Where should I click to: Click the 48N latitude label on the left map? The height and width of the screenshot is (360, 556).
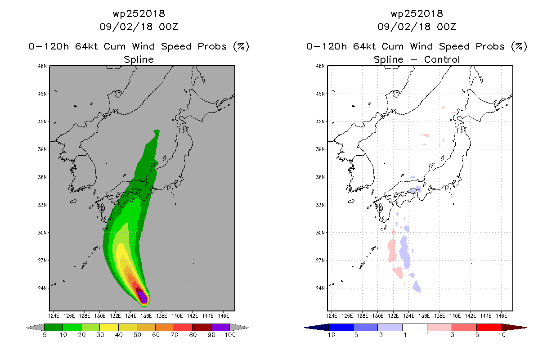tap(42, 66)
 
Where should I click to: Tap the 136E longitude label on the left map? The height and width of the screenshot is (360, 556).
tap(146, 316)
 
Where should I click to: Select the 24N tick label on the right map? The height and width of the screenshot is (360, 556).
tap(320, 288)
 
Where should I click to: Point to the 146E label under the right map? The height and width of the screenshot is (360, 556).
tap(502, 316)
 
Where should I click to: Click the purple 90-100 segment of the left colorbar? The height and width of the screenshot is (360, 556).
tap(220, 327)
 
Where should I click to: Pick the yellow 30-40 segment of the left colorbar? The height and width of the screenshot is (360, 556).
tap(109, 327)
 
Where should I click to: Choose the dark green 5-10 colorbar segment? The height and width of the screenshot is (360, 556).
tap(54, 327)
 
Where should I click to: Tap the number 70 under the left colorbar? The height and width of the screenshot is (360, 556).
tap(174, 335)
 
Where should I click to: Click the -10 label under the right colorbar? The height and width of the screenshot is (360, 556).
tap(329, 335)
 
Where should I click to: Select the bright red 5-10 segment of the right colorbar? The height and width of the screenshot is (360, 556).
tap(489, 327)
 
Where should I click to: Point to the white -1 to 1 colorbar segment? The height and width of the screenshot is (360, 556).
tap(415, 327)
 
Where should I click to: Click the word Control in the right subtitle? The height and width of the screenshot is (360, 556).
tap(442, 59)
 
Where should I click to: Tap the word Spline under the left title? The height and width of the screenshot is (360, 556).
tap(139, 60)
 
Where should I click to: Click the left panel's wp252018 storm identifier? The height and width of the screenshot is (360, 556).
tap(139, 14)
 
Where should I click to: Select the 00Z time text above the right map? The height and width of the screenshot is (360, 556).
tap(446, 27)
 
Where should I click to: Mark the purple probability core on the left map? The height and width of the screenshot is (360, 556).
tap(143, 297)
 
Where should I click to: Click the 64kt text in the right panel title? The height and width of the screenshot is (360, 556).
tap(364, 46)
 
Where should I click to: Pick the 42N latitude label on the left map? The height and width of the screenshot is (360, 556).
tap(42, 121)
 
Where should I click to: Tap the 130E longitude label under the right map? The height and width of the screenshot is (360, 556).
tap(378, 316)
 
